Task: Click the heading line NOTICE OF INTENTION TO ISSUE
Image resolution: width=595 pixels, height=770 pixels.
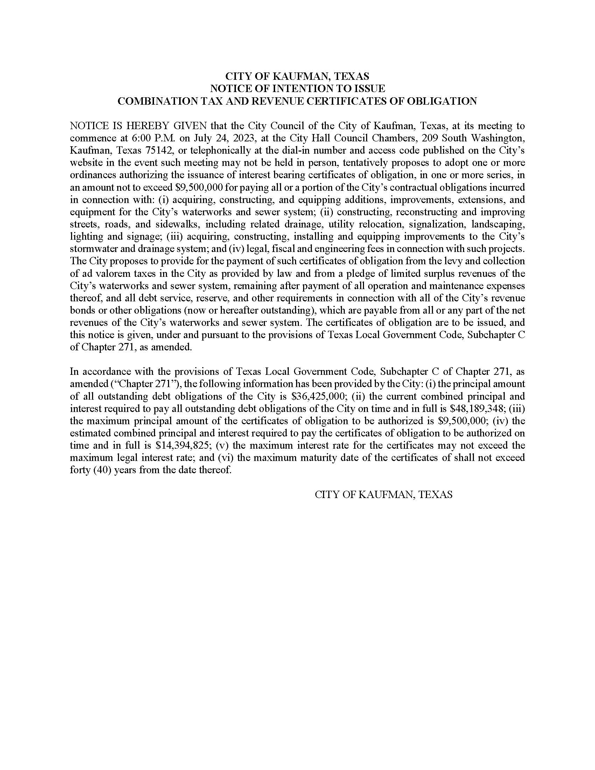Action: pos(297,88)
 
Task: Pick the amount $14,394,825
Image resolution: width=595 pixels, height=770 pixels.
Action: pos(183,445)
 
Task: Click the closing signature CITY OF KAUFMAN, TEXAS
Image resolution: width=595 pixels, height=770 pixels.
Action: pos(384,495)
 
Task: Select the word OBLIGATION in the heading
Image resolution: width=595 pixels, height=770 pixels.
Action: pos(442,101)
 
